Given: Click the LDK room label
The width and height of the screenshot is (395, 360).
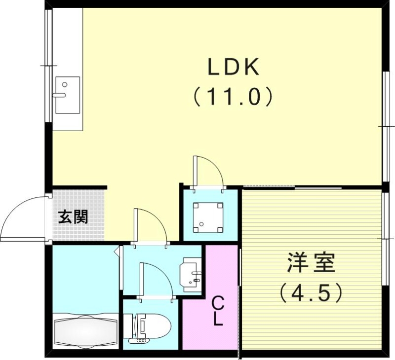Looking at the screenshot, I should click(x=233, y=68).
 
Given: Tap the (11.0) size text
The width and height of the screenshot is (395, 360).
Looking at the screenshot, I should click(x=233, y=97).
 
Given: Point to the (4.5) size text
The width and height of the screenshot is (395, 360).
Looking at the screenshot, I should click(x=311, y=293).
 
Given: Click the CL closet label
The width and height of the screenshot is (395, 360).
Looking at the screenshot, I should click(x=217, y=311).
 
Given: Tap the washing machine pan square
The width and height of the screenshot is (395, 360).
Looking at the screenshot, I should click(x=208, y=217).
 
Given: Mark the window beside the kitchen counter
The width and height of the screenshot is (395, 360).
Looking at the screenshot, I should click(x=48, y=64).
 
